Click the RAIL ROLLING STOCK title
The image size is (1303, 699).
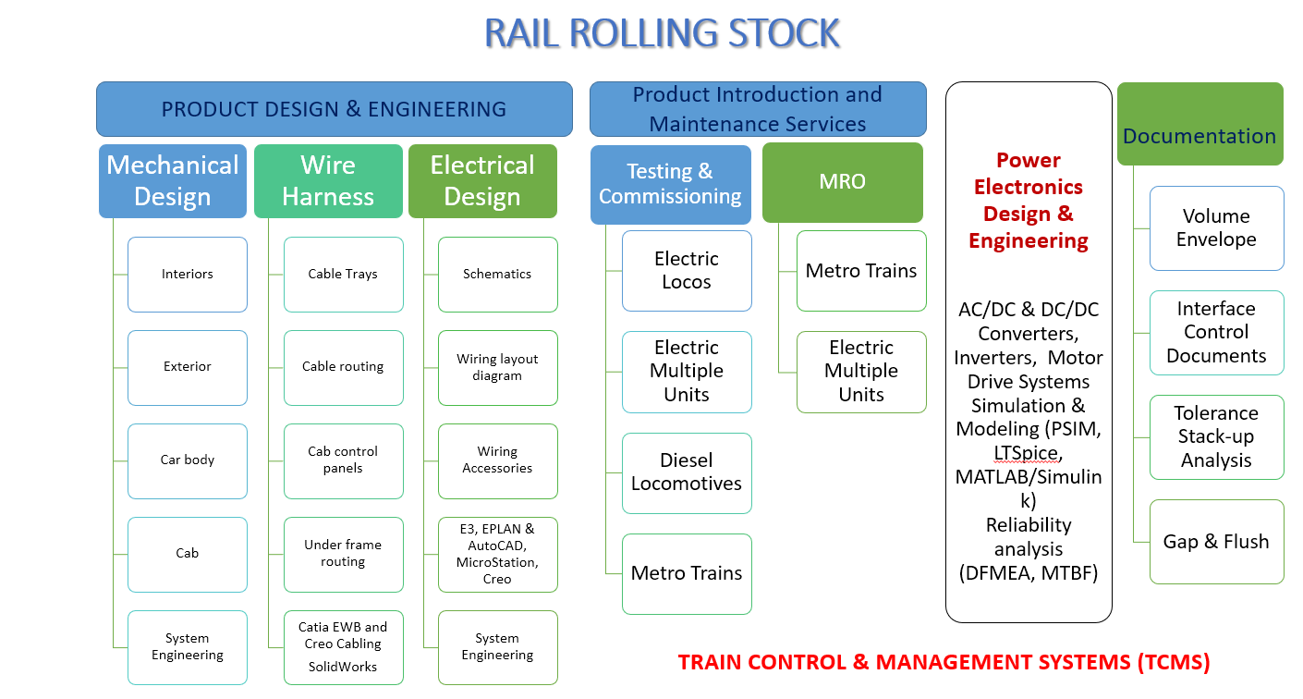(x=662, y=34)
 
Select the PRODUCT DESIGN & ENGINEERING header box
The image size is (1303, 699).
(x=334, y=109)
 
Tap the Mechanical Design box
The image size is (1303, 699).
(x=173, y=181)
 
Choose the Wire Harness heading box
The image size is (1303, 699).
(x=328, y=181)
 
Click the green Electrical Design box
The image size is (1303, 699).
(x=482, y=181)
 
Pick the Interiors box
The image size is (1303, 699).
(x=188, y=275)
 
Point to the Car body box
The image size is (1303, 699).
(x=188, y=460)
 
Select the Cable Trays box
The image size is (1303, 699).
(x=343, y=275)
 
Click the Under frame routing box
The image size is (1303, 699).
(x=343, y=554)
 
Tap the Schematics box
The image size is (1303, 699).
(x=497, y=275)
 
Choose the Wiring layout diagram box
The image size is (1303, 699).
(x=497, y=368)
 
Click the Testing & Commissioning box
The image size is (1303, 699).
(x=670, y=184)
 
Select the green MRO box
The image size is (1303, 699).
(x=842, y=182)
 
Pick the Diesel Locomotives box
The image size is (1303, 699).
(x=687, y=472)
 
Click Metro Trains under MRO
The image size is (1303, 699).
(x=861, y=271)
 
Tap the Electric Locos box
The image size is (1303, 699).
(x=687, y=271)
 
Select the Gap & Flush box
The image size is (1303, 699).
(x=1216, y=542)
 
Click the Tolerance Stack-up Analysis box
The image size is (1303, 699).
(x=1216, y=437)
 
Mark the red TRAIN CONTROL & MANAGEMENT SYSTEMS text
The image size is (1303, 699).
(x=944, y=662)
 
